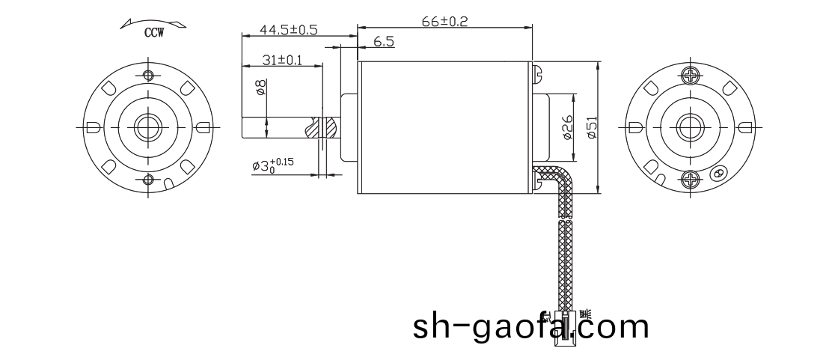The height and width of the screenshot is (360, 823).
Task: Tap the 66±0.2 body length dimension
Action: pyautogui.click(x=444, y=22)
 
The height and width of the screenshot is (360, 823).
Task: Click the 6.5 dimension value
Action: pyautogui.click(x=383, y=43)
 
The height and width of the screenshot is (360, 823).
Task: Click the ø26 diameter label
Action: pyautogui.click(x=566, y=128)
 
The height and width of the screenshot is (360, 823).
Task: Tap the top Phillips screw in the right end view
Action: pyautogui.click(x=691, y=75)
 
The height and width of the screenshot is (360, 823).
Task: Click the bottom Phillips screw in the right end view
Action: pyautogui.click(x=691, y=179)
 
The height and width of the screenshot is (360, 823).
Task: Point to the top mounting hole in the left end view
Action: pyautogui.click(x=148, y=75)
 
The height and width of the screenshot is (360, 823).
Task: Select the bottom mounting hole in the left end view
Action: pyautogui.click(x=148, y=179)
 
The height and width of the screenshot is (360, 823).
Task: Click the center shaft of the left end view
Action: pyautogui.click(x=148, y=126)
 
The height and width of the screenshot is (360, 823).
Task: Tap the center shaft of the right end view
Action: pyautogui.click(x=691, y=126)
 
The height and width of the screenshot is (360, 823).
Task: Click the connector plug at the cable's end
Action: pyautogui.click(x=566, y=326)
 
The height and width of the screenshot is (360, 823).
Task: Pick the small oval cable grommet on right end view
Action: pyautogui.click(x=719, y=172)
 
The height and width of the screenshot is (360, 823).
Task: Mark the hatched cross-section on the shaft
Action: pyautogui.click(x=325, y=127)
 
